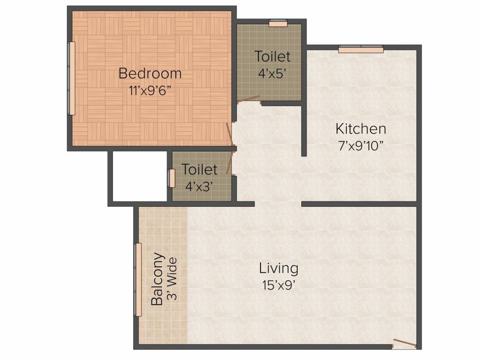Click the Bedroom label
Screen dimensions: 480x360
[150, 74]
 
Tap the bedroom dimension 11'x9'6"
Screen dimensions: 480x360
[150, 91]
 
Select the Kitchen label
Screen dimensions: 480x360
[360, 128]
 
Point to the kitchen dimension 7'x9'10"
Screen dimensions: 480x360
[360, 146]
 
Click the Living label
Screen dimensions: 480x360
[278, 269]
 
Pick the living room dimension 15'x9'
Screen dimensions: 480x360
[278, 285]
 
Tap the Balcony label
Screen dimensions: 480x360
[157, 279]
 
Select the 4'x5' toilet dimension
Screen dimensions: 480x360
[272, 74]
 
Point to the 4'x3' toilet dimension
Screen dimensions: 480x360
[199, 187]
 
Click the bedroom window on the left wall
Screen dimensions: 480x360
[71, 78]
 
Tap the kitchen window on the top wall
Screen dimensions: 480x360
[361, 49]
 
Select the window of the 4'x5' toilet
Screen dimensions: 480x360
[278, 23]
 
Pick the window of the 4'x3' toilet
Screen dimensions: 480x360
[172, 178]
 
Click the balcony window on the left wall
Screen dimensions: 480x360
[138, 279]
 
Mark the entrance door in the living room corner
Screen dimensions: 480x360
[405, 344]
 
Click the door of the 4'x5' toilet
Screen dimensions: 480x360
[248, 99]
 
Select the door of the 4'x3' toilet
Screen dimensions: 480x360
[230, 163]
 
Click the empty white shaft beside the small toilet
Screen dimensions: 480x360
[140, 176]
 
